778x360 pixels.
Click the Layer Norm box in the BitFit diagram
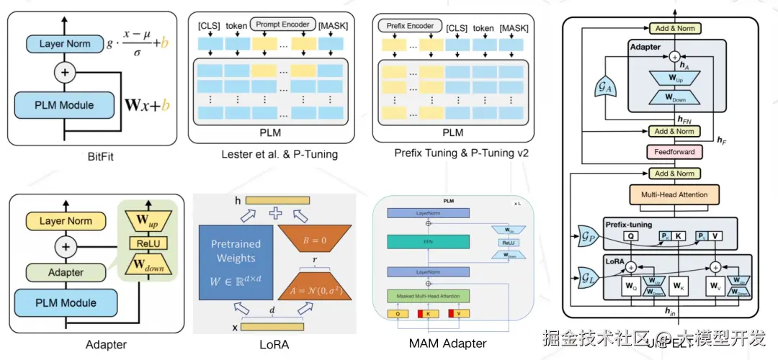coord(65,44)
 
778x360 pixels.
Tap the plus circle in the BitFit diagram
coord(65,72)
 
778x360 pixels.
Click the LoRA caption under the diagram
coord(274,345)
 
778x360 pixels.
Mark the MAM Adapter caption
coord(447,343)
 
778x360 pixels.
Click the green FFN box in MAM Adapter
coord(429,243)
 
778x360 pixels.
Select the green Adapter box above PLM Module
coord(65,273)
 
